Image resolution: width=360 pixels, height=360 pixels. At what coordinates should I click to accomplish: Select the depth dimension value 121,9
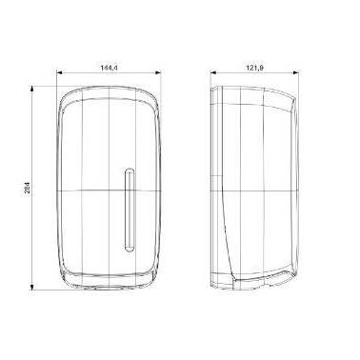tap(255, 68)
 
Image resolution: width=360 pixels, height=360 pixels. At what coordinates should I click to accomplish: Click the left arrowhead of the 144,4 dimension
tap(59, 72)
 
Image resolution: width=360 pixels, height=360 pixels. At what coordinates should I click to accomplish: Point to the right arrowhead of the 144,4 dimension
tap(158, 72)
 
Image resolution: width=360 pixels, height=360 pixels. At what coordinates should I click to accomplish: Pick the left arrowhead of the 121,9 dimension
tap(213, 72)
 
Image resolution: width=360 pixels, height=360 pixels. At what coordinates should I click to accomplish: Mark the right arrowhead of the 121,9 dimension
tap(296, 72)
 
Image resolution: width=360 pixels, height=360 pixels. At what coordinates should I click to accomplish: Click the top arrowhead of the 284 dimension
tap(31, 89)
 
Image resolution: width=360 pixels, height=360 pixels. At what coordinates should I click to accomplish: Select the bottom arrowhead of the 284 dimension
tap(31, 288)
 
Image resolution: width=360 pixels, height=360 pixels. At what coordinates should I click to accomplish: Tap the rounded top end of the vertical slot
tap(130, 170)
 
